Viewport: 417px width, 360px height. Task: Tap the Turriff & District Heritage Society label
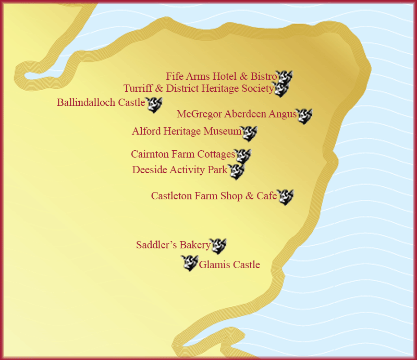point(199,88)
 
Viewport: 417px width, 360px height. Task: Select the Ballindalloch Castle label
point(101,102)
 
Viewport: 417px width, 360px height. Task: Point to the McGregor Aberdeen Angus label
point(236,114)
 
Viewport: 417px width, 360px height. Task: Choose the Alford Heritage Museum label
point(187,131)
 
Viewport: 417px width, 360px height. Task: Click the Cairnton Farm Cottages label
point(183,154)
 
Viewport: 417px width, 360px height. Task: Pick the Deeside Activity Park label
point(180,170)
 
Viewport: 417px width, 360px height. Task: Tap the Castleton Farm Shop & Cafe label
point(214,196)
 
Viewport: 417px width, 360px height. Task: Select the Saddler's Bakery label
point(173,245)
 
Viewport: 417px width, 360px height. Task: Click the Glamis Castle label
point(229,265)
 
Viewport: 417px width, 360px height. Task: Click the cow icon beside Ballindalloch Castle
point(154,104)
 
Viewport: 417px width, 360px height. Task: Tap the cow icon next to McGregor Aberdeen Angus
point(304,116)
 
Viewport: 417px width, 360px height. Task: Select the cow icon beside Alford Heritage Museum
point(249,134)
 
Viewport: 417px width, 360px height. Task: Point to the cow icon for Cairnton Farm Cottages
point(243,156)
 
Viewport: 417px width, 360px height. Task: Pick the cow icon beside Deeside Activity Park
point(236,171)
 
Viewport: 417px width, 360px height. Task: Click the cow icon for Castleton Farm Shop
point(285,197)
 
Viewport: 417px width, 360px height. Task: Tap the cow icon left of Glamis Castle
point(190,263)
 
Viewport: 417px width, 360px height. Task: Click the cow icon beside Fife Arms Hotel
point(285,77)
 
